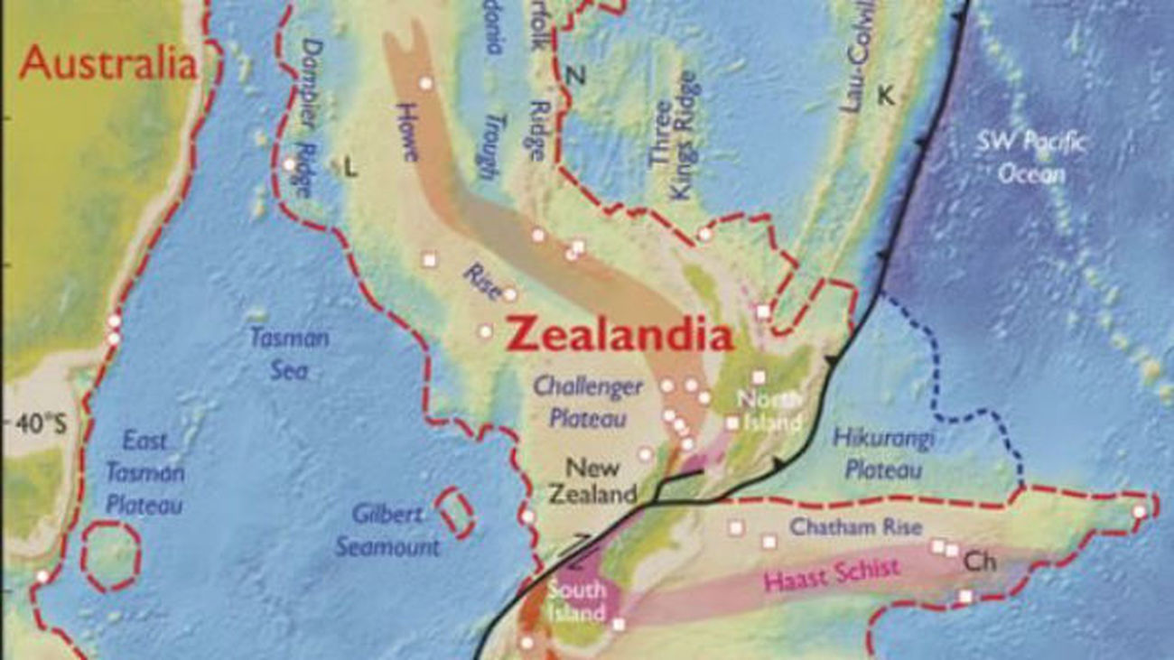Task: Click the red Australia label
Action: click(x=108, y=63)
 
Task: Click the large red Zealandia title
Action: click(x=620, y=336)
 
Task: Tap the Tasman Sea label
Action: click(x=289, y=354)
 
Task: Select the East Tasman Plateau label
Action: click(x=144, y=472)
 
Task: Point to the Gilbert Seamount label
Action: click(x=387, y=530)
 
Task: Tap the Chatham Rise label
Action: click(x=844, y=526)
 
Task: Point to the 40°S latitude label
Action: click(x=39, y=423)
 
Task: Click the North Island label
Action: click(x=769, y=410)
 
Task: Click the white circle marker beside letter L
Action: click(x=289, y=164)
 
